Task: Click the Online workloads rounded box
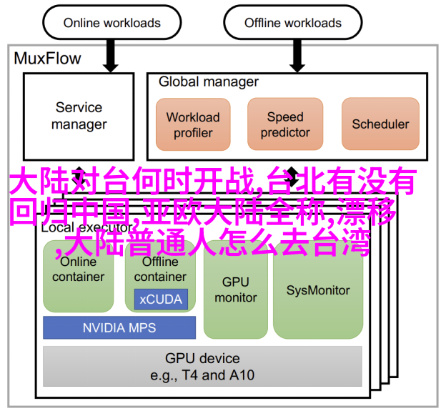(111, 22)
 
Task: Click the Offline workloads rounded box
(293, 22)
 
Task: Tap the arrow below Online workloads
(111, 56)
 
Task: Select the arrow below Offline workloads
(297, 56)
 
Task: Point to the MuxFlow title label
(47, 59)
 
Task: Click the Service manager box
(79, 117)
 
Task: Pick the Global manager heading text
(209, 82)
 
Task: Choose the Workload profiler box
(193, 124)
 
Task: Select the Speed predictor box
(285, 124)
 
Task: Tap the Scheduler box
(380, 124)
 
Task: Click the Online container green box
(78, 276)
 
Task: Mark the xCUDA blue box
(161, 299)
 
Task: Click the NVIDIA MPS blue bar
(119, 327)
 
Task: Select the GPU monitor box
(236, 289)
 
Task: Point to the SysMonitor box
(318, 290)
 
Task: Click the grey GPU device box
(202, 366)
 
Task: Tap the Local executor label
(86, 227)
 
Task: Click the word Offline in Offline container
(160, 262)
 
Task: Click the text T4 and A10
(218, 375)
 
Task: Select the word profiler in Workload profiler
(193, 133)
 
